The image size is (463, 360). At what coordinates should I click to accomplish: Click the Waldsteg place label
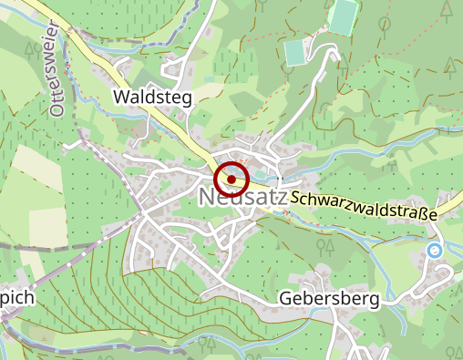(x=153, y=98)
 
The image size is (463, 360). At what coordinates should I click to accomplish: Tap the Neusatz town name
(x=242, y=197)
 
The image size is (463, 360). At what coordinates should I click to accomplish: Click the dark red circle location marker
(x=231, y=180)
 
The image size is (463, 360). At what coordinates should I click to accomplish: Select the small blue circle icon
(x=435, y=250)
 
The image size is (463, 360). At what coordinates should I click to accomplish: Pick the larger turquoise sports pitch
(x=343, y=16)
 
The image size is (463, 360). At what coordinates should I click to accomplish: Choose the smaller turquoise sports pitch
(x=295, y=53)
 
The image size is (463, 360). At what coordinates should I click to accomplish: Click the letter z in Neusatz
(x=282, y=198)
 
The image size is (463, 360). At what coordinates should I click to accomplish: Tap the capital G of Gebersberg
(x=284, y=300)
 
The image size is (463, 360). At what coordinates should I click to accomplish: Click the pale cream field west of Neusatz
(x=36, y=196)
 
